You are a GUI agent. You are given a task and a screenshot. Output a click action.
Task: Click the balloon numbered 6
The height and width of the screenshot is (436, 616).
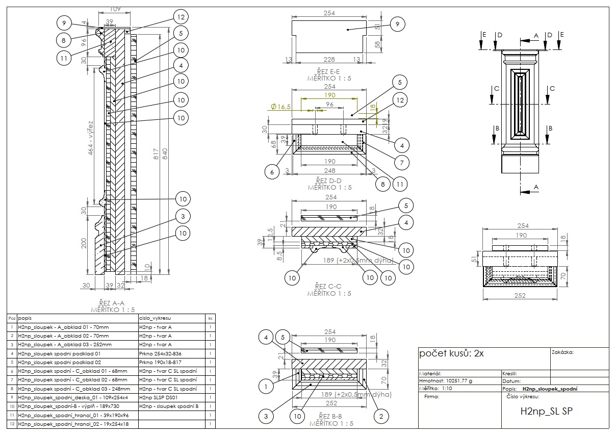(x=272, y=173)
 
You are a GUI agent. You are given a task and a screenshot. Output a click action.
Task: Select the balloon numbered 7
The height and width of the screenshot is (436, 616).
(x=402, y=163)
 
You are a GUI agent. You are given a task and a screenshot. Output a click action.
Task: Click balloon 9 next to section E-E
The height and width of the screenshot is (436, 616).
(x=397, y=23)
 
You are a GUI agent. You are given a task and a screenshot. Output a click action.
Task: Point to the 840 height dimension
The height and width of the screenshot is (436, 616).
(x=165, y=157)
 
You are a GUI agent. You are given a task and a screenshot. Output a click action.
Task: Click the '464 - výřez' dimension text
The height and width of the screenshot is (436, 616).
(x=90, y=138)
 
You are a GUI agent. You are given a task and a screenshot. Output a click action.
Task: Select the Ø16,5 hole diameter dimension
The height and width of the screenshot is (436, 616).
(x=280, y=107)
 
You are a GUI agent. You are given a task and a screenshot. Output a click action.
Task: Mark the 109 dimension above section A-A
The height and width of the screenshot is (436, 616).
(x=115, y=9)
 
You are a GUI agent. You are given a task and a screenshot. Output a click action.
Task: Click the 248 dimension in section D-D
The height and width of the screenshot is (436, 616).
(x=329, y=170)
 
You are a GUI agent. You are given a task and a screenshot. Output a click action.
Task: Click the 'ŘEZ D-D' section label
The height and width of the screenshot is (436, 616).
(x=329, y=181)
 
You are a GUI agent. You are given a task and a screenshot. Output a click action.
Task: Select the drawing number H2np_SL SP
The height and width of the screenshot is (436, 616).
(x=546, y=411)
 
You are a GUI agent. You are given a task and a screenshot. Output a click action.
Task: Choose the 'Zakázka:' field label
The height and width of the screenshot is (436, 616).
(x=562, y=352)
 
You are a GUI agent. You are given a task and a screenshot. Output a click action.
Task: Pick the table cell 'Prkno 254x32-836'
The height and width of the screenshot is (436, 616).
(x=161, y=353)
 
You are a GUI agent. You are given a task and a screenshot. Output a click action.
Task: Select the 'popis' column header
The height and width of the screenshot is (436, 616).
(x=25, y=317)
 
